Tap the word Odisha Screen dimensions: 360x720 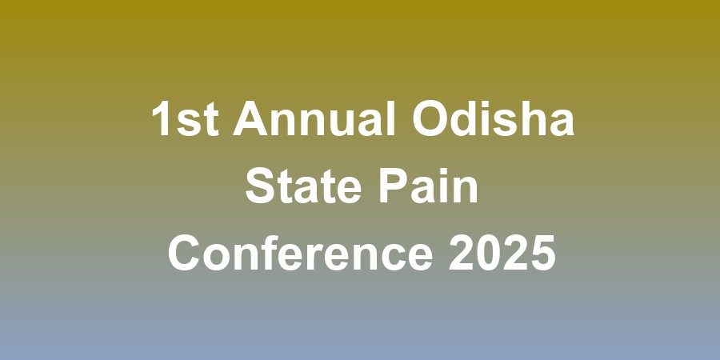[494, 122]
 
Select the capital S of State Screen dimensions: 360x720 [258, 190]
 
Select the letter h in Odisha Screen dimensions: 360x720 [530, 122]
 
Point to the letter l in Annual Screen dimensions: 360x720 [391, 122]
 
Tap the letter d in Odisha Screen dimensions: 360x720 [466, 122]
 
